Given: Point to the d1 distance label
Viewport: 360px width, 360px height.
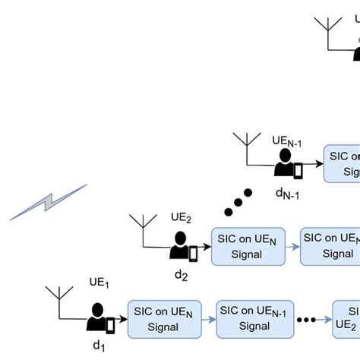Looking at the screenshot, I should [x=98, y=346].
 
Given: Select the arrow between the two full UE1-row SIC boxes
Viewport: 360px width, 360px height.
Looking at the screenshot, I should [x=209, y=319].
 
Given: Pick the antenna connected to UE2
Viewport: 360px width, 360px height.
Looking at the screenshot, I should [x=141, y=229].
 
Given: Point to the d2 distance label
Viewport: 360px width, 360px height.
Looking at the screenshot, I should [x=181, y=275].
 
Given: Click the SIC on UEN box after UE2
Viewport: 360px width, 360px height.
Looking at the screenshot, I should [x=248, y=246].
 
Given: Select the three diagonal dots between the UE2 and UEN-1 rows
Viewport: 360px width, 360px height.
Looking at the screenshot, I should [x=238, y=201].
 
